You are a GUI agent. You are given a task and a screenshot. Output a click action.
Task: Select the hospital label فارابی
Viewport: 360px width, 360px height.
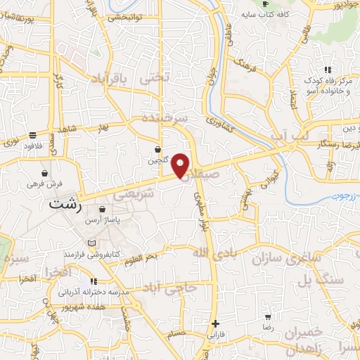click(x=215, y=335)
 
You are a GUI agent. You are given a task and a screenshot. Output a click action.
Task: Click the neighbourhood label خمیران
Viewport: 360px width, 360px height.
click(x=304, y=331)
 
